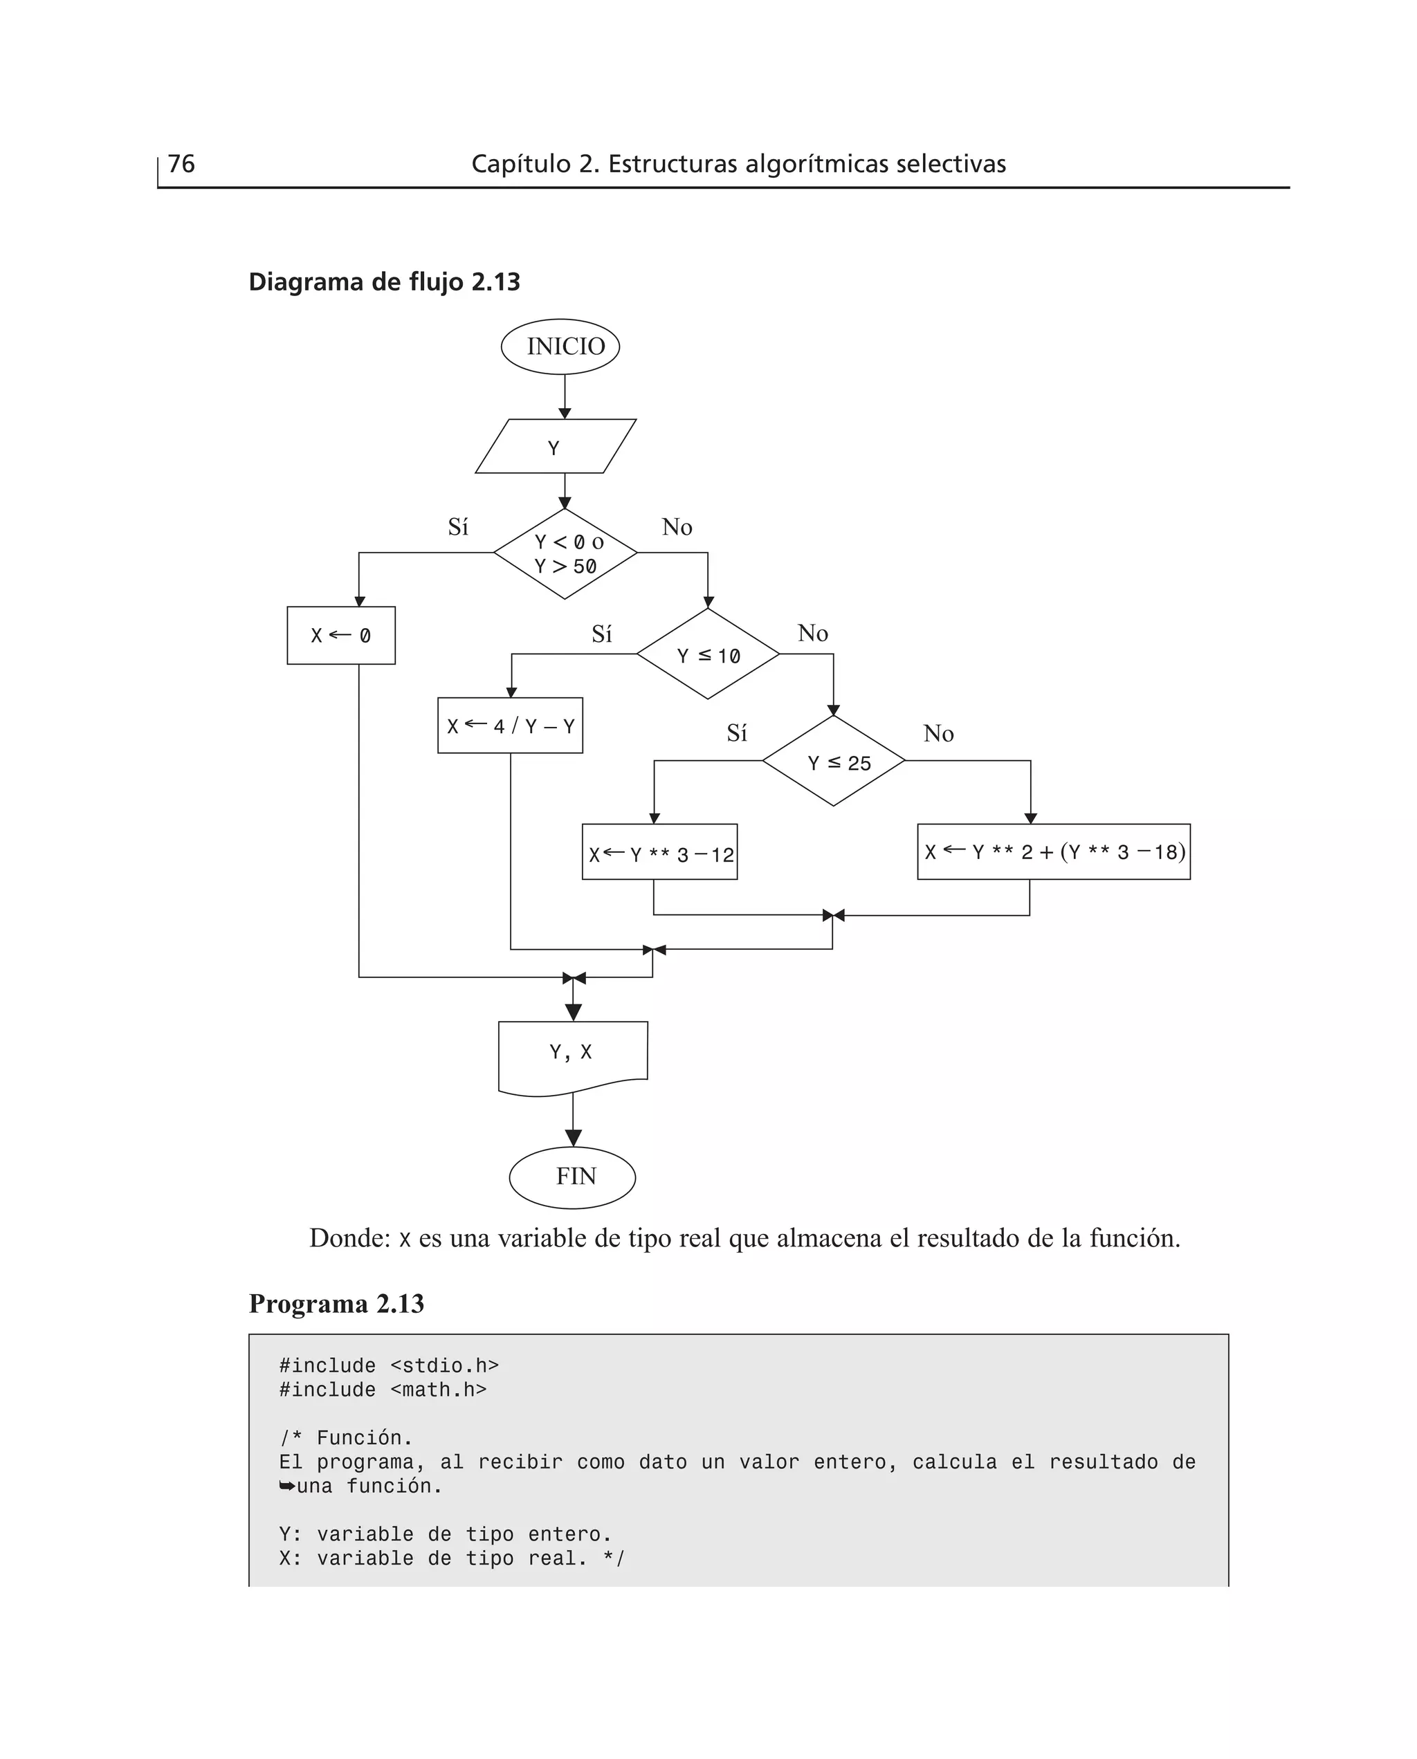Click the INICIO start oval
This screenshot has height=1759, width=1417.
[560, 347]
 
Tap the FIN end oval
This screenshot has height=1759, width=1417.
[572, 1177]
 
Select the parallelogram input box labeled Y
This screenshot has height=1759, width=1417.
[555, 447]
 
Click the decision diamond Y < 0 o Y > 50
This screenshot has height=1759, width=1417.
[565, 554]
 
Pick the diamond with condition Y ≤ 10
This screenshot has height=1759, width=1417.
[708, 654]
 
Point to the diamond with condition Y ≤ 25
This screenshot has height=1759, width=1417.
[833, 761]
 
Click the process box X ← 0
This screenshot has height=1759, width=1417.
[341, 636]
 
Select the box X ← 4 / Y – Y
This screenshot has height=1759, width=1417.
[510, 726]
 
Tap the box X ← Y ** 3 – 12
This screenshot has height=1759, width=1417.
[659, 853]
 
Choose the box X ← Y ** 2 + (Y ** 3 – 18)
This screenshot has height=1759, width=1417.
[1053, 851]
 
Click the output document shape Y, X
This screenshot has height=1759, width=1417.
[572, 1055]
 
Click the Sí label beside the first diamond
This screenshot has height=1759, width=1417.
[458, 527]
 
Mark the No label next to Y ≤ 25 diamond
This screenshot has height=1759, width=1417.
[938, 733]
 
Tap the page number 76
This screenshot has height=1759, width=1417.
[181, 164]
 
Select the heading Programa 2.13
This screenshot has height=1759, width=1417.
[336, 1304]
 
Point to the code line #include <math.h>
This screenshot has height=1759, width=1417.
[383, 1390]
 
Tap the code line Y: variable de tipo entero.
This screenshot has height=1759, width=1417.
[445, 1534]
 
